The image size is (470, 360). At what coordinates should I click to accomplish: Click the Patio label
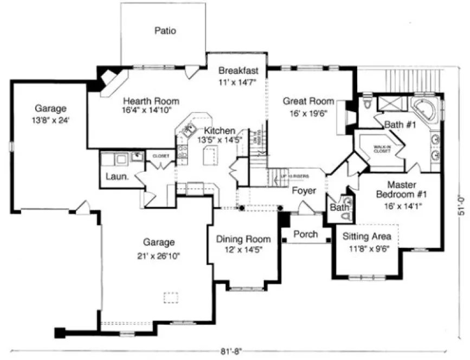(x=165, y=31)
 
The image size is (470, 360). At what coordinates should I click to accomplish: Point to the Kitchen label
(x=220, y=131)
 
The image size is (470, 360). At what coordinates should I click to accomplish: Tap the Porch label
(x=305, y=234)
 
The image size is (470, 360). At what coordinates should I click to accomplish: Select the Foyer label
(x=304, y=191)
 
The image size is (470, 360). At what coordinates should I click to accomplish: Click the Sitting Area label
(x=367, y=236)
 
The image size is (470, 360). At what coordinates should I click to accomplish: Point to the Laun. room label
(x=113, y=177)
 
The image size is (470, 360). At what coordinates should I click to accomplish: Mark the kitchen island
(x=209, y=157)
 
